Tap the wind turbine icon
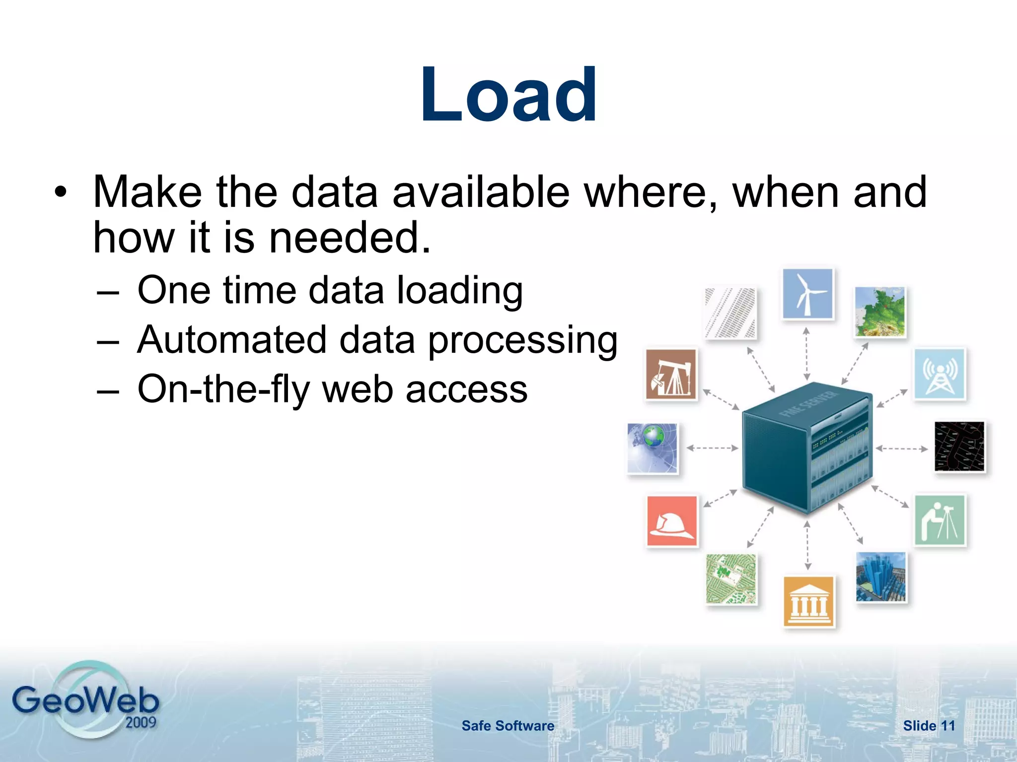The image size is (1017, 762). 807,294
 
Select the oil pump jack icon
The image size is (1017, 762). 671,374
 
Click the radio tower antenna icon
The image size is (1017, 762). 940,374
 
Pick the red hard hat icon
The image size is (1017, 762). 672,521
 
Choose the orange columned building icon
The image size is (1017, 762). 808,601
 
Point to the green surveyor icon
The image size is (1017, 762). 940,520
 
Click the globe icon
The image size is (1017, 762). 652,448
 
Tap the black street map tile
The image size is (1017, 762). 959,446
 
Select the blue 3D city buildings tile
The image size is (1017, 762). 881,577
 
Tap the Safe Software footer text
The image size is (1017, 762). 508,726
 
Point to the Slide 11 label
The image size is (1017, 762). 929,726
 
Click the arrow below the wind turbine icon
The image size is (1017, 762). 807,353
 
